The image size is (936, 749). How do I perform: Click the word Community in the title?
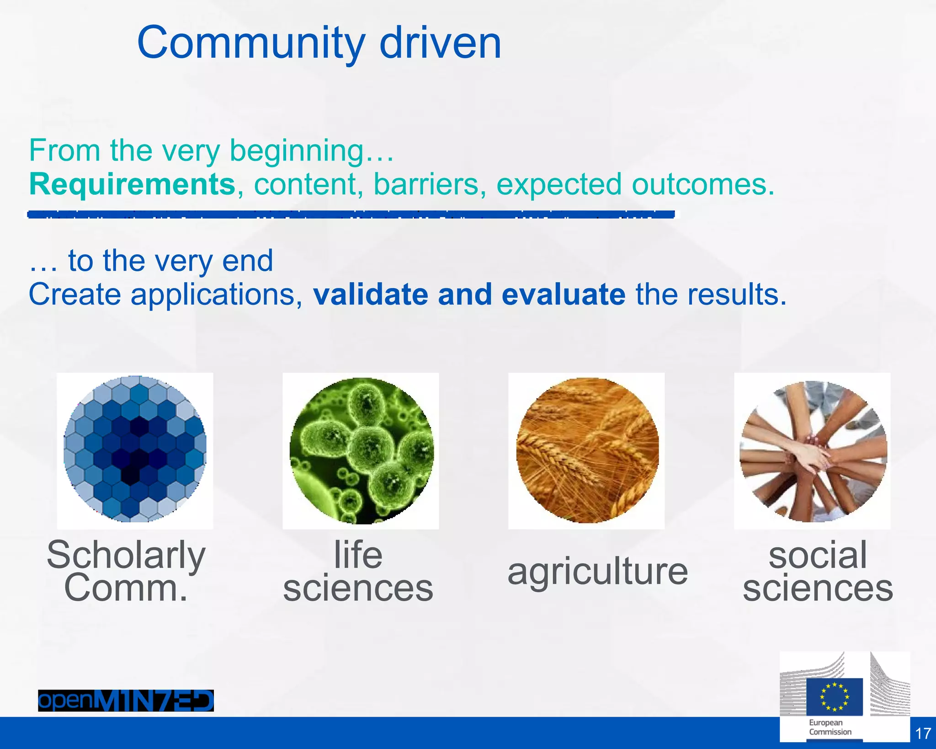pyautogui.click(x=250, y=43)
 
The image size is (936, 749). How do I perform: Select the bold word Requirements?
pyautogui.click(x=132, y=184)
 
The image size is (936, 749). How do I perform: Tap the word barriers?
pyautogui.click(x=429, y=184)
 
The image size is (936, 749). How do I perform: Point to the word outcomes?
pyautogui.click(x=702, y=184)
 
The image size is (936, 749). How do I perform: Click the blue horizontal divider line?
pyautogui.click(x=351, y=214)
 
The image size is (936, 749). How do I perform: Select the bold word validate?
pyautogui.click(x=370, y=294)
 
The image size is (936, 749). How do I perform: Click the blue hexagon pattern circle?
pyautogui.click(x=135, y=449)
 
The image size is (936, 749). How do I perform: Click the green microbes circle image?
pyautogui.click(x=361, y=451)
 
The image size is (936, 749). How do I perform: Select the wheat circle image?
pyautogui.click(x=587, y=450)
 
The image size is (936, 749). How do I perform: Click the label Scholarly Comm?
pyautogui.click(x=126, y=571)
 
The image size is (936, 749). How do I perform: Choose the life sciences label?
pyautogui.click(x=358, y=571)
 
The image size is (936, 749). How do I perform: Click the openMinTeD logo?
pyautogui.click(x=126, y=701)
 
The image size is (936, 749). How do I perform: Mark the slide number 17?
pyautogui.click(x=923, y=733)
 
